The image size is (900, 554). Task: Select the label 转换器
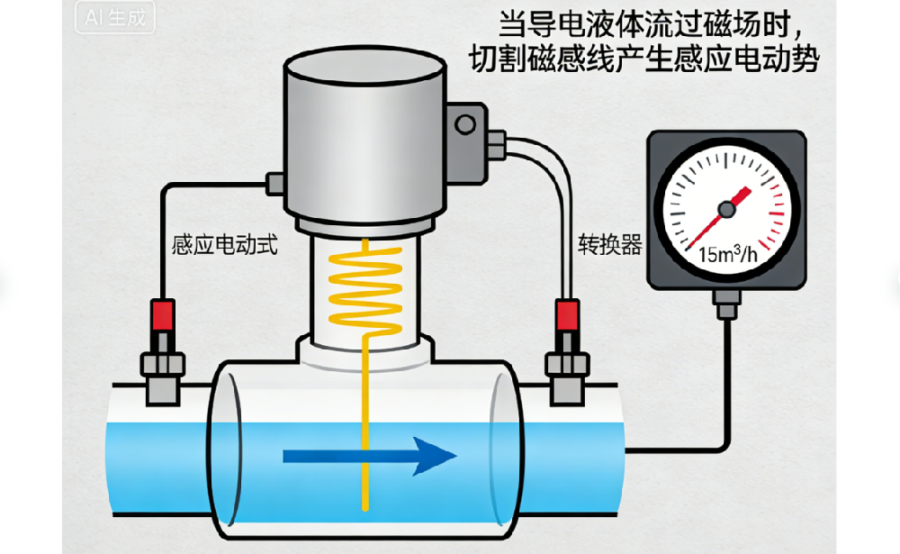[x=610, y=244]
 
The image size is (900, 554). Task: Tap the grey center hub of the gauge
[x=725, y=210]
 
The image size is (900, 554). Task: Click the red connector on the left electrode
[x=163, y=315]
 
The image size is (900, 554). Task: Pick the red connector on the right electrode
[x=567, y=316]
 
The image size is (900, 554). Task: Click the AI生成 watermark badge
[x=113, y=18]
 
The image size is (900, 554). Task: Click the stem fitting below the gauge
[x=724, y=303]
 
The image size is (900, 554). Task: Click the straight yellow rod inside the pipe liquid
[x=366, y=432]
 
